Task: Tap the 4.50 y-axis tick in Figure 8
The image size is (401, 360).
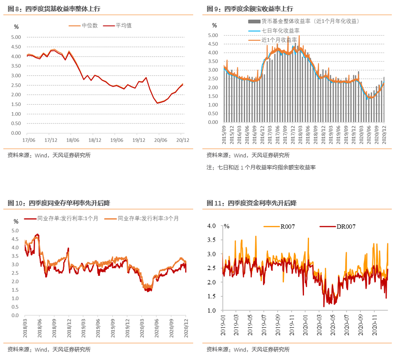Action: pyautogui.click(x=16, y=47)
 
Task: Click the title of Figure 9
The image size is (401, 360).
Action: pyautogui.click(x=250, y=9)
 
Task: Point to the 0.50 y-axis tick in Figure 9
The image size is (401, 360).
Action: pyautogui.click(x=213, y=113)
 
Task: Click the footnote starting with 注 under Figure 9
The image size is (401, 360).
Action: pyautogui.click(x=261, y=167)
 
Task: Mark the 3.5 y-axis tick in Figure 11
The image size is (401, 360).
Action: pyautogui.click(x=212, y=240)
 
